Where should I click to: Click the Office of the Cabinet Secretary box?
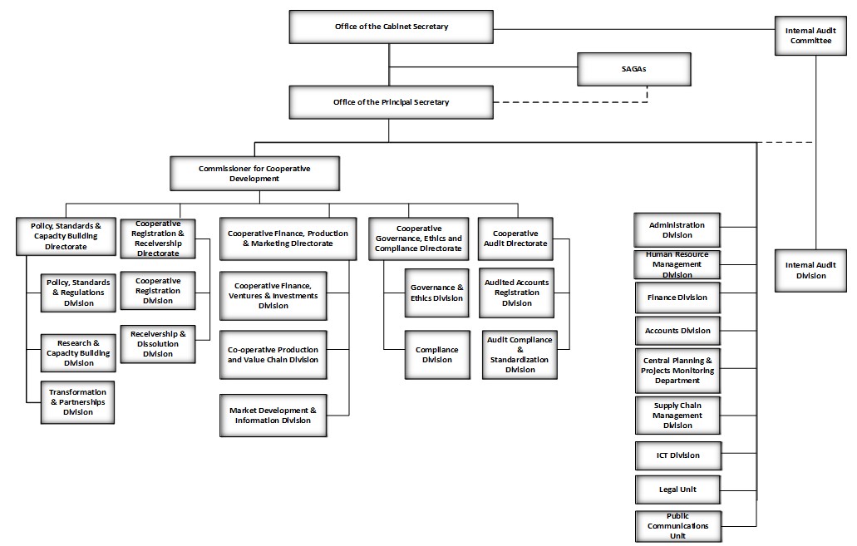coord(391,27)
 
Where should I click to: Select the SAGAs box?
coord(633,69)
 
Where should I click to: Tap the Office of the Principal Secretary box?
coord(391,102)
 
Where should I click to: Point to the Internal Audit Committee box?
coord(810,36)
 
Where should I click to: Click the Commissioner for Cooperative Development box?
coord(254,173)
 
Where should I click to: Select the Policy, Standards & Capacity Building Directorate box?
coord(66,235)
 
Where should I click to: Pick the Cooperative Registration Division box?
coord(158,291)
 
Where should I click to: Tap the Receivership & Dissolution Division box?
coord(158,343)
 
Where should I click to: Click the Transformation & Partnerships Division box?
coord(77,402)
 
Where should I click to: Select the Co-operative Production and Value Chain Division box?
coord(273,355)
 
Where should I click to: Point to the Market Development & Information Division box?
coord(273,416)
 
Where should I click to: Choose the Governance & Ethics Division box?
coord(436,293)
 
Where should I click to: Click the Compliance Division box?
coord(436,355)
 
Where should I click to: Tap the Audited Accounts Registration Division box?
coord(516,293)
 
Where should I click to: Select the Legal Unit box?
coord(677,489)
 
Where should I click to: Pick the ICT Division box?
coord(677,455)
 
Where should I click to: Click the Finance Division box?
coord(677,298)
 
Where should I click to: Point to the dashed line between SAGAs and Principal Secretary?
coord(574,102)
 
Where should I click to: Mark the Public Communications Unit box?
coord(677,526)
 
